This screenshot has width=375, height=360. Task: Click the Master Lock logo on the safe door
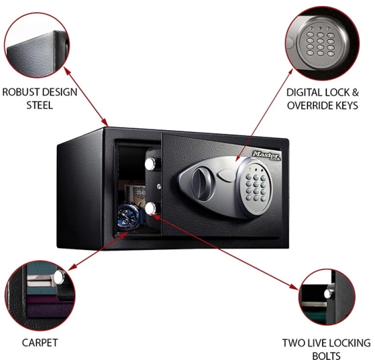click(x=266, y=156)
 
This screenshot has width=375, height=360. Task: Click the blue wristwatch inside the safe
click(x=130, y=216)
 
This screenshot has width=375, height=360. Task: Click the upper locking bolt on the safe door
click(x=150, y=163)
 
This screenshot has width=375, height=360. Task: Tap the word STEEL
click(x=39, y=105)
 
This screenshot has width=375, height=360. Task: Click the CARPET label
click(x=40, y=343)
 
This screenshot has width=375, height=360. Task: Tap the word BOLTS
click(x=326, y=356)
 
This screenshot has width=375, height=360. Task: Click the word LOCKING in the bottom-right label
click(x=350, y=343)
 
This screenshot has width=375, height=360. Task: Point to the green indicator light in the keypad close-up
click(x=311, y=28)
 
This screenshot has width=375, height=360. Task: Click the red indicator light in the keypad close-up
click(x=320, y=28)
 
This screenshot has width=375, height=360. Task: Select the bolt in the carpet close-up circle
click(x=59, y=278)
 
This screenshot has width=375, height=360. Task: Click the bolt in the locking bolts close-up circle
click(x=329, y=293)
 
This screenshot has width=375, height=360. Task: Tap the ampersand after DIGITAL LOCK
click(x=355, y=93)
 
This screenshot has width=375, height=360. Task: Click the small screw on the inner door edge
click(x=158, y=186)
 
